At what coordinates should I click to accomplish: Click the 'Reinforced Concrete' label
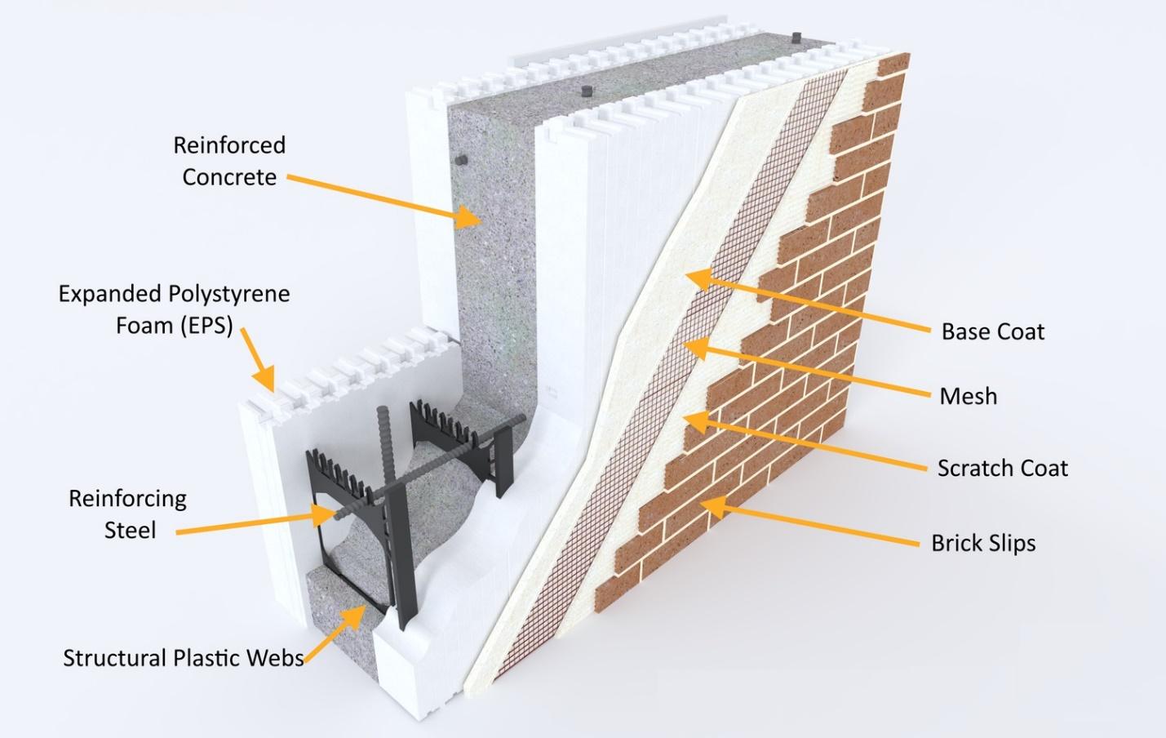[229, 161]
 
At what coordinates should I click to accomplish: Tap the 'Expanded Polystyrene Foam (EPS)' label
[174, 309]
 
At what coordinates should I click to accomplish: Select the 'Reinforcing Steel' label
[128, 513]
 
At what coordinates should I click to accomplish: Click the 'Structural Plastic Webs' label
[184, 658]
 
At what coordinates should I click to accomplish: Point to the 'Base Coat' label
[992, 331]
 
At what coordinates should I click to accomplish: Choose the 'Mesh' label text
[968, 397]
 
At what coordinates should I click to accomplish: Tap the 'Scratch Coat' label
[1002, 468]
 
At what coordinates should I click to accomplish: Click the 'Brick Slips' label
[983, 543]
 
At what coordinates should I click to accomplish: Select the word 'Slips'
[1009, 543]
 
